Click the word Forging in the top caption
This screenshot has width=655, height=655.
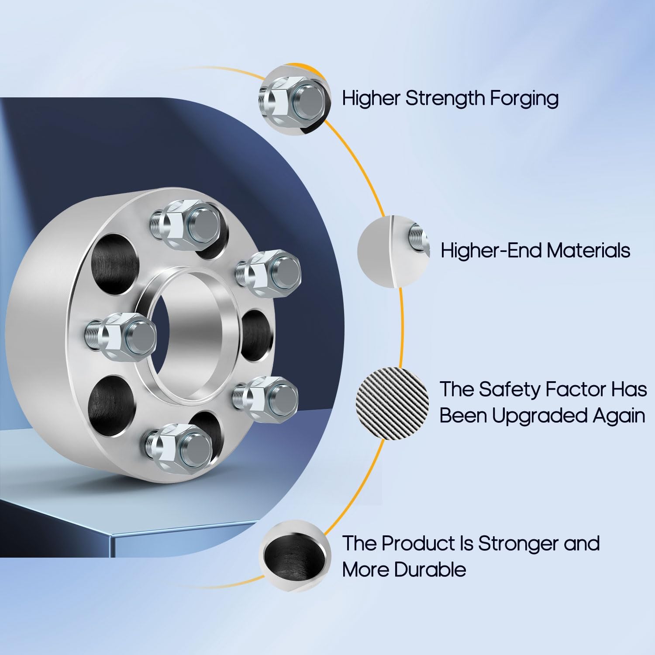pos(524,99)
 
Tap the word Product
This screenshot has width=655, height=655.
pos(418,543)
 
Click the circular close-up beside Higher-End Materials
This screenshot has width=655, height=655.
pos(393,251)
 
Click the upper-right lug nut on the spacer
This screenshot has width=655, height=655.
pos(271,272)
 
